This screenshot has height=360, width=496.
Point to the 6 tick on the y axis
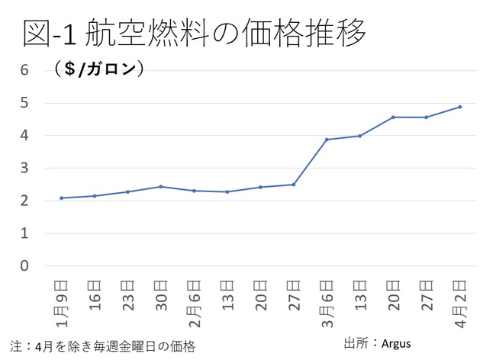tap(24, 69)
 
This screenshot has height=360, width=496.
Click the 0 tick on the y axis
tap(24, 266)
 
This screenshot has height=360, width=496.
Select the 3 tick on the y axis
tap(24, 168)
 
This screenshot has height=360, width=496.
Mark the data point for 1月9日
tap(61, 198)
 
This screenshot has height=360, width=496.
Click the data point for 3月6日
tap(327, 140)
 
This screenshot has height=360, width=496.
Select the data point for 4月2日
tap(459, 107)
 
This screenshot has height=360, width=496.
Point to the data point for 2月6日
tap(194, 191)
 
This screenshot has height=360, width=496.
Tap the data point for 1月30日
tap(161, 186)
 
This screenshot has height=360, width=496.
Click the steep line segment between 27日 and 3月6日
tap(310, 162)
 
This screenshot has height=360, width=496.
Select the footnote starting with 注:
tap(103, 346)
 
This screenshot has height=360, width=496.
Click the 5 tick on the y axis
tap(24, 102)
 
